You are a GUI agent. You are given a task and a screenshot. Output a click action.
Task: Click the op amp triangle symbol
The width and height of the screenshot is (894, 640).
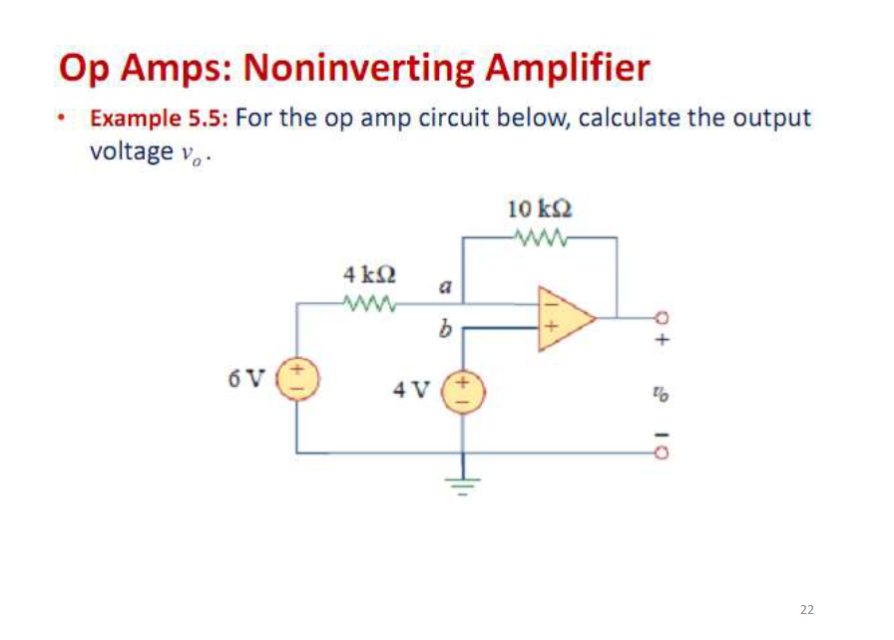[563, 319]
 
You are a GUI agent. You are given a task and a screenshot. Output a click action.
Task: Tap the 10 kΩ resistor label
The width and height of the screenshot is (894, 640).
[540, 209]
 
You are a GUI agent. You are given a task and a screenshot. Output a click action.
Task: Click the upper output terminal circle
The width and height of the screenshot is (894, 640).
[659, 319]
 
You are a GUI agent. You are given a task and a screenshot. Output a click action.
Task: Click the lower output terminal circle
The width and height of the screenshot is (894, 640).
[659, 453]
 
